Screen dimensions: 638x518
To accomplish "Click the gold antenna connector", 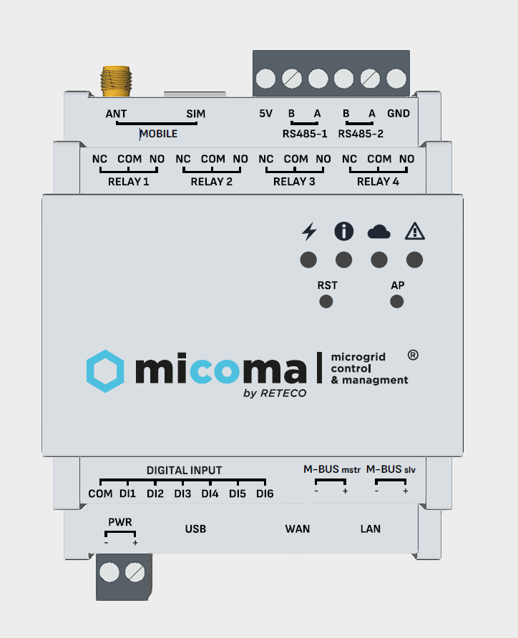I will pyautogui.click(x=116, y=81).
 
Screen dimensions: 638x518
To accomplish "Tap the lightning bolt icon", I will pyautogui.click(x=309, y=231).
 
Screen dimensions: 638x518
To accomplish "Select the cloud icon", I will pyautogui.click(x=379, y=231).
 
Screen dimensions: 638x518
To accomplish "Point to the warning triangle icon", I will pyautogui.click(x=414, y=231).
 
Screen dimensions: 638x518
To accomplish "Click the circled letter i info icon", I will pyautogui.click(x=344, y=231).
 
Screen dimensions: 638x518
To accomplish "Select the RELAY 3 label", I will pyautogui.click(x=294, y=182).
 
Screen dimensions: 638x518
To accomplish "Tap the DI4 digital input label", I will pyautogui.click(x=210, y=494).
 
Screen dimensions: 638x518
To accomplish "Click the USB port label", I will pyautogui.click(x=195, y=529).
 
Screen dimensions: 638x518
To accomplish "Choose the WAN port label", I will pyautogui.click(x=298, y=529).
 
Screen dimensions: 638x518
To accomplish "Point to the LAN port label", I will pyautogui.click(x=371, y=529).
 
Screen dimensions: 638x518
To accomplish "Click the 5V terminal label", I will pyautogui.click(x=265, y=113).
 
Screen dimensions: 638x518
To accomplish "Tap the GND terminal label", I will pyautogui.click(x=399, y=113).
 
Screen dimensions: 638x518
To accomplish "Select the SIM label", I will pyautogui.click(x=195, y=114).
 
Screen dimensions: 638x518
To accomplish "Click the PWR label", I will pyautogui.click(x=119, y=522).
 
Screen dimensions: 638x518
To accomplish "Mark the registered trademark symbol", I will pyautogui.click(x=413, y=354).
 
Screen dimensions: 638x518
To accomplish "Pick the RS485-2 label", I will pyautogui.click(x=361, y=133).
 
